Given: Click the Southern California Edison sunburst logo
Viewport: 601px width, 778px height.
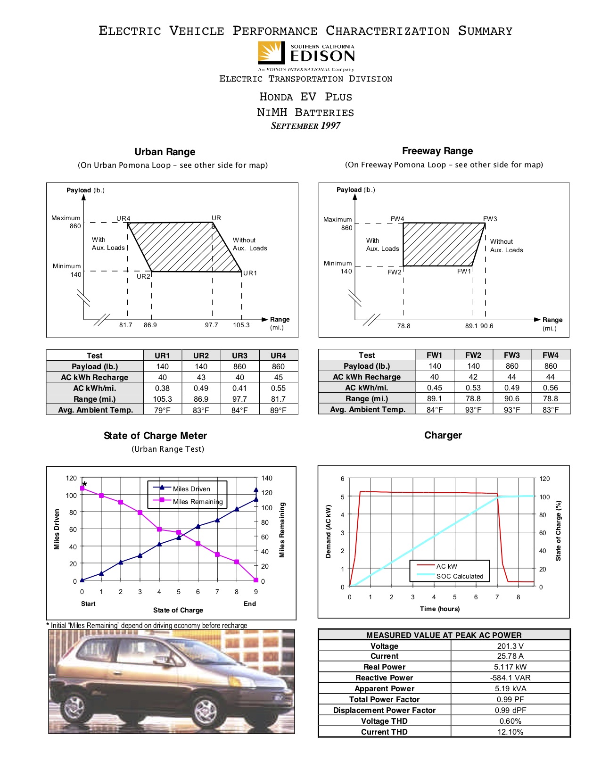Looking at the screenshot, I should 272,52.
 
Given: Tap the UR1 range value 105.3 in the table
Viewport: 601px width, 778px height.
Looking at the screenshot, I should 162,399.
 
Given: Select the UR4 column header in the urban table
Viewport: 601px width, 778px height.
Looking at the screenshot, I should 278,356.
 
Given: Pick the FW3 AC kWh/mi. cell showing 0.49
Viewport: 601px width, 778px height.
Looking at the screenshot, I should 511,388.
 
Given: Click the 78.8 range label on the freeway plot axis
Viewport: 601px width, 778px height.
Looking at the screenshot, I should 403,326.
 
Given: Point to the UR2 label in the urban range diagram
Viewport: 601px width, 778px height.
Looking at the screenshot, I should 143,276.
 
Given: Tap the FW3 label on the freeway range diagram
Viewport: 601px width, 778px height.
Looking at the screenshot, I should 490,219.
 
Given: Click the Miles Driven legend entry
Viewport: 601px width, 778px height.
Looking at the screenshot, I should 191,489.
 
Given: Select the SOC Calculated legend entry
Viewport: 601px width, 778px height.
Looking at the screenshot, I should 460,576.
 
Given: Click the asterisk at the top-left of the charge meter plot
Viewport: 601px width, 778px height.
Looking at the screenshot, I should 85,484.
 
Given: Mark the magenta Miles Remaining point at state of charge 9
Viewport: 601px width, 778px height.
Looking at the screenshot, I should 256,580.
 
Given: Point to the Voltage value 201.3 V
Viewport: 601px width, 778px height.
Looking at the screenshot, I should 510,646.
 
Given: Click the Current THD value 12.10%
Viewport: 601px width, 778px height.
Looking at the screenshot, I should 510,732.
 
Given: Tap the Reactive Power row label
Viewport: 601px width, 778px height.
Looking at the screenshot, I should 384,678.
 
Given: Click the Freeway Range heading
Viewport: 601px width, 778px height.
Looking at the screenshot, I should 437,151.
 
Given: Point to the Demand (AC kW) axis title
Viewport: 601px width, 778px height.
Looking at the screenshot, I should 329,531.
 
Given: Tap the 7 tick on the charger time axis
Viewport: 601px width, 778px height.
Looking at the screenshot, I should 497,597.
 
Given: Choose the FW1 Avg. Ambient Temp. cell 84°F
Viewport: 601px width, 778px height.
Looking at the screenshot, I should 434,410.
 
